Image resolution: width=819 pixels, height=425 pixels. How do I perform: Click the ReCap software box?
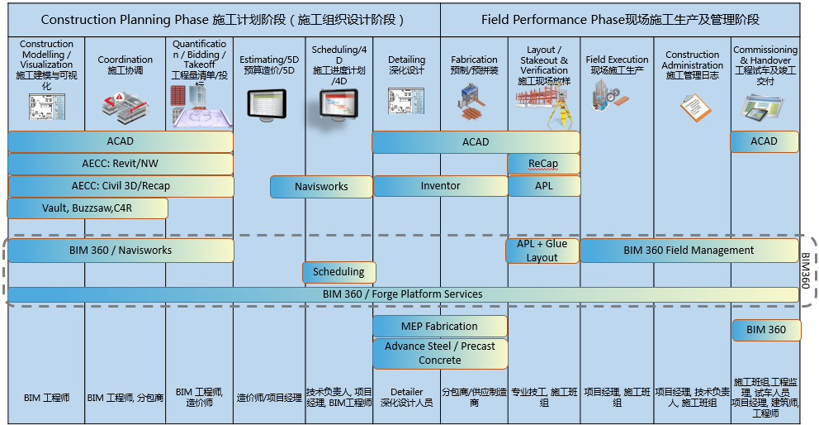543,164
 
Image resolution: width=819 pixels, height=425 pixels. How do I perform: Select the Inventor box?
440,186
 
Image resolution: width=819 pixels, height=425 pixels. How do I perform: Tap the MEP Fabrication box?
439,327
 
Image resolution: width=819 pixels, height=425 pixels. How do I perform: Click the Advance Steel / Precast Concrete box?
439,354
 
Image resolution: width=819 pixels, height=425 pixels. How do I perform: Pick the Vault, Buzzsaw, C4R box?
88,208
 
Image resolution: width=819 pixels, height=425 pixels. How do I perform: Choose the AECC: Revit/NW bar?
121,164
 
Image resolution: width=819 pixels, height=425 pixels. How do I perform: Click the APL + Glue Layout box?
542,251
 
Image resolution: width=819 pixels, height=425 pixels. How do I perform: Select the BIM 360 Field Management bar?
689,251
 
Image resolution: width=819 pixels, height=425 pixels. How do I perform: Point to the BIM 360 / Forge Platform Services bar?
402,294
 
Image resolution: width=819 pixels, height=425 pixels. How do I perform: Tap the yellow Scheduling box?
338,272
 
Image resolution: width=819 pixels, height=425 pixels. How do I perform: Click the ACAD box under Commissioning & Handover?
764,141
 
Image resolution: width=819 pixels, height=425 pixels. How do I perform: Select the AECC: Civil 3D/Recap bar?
121,186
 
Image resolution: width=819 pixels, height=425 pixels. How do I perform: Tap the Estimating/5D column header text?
269,65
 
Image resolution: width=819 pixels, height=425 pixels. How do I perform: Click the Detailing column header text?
406,65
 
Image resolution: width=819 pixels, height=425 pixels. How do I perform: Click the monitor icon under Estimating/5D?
268,104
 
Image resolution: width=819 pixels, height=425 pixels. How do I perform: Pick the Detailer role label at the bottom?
406,397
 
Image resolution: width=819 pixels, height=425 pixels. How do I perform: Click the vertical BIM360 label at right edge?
805,271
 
